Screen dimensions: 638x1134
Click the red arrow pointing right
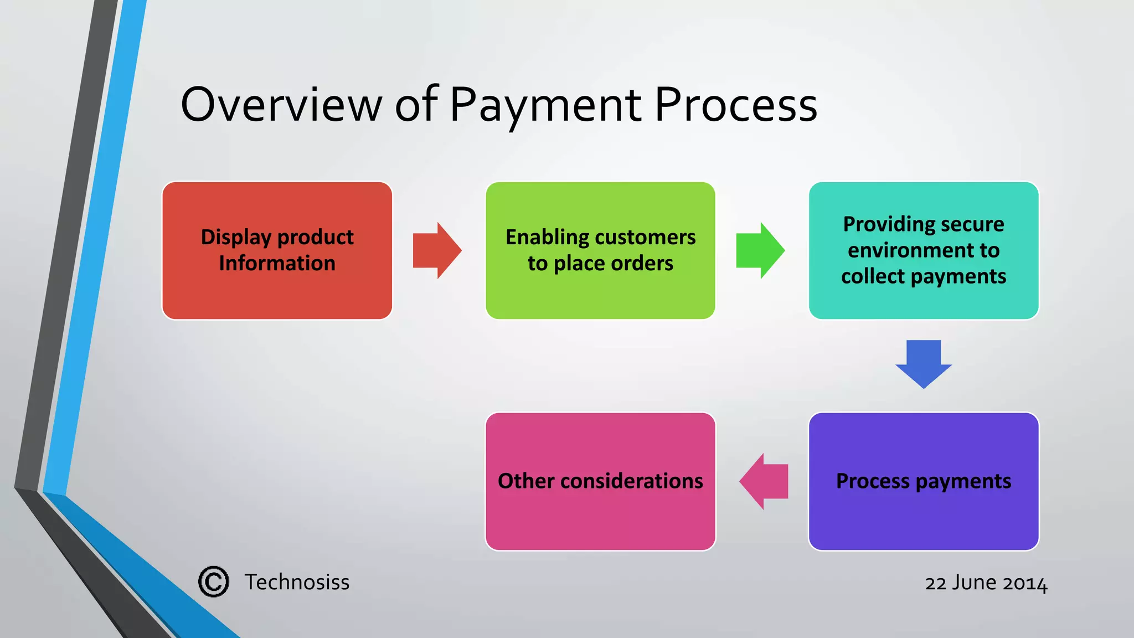[436, 250]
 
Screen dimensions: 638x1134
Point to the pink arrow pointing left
[764, 481]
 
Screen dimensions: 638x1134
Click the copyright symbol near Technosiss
[213, 582]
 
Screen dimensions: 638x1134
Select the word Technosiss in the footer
[297, 582]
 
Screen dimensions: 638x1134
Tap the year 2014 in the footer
[1025, 583]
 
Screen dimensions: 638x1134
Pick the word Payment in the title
[545, 105]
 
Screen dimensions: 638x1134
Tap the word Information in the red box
[277, 263]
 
